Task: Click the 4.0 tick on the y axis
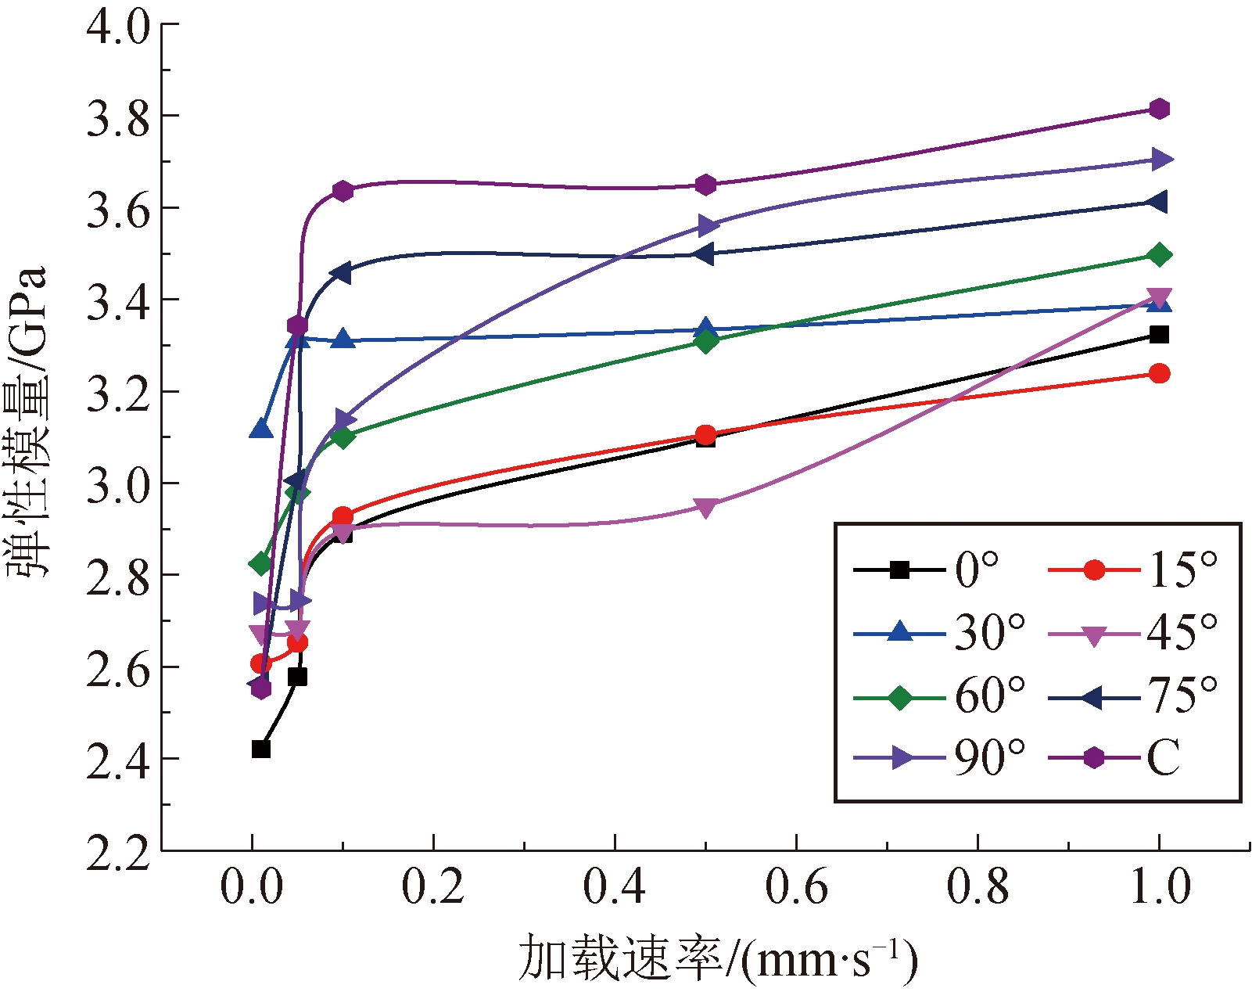pos(117,26)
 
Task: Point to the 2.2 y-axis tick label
pos(117,852)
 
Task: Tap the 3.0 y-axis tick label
pos(117,484)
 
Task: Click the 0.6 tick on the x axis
pos(796,887)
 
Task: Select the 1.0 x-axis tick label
pos(1160,887)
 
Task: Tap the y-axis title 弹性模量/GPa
pos(27,422)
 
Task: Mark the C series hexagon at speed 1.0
pos(1160,109)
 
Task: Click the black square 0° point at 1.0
pos(1160,335)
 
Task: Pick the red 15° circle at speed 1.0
pos(1160,373)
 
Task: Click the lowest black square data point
pos(261,749)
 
